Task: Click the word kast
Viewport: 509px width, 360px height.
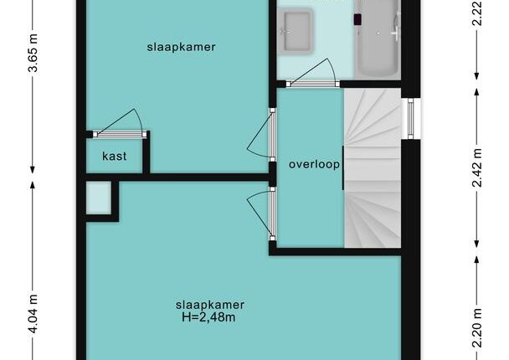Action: (114, 157)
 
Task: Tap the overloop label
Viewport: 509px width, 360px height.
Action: (314, 164)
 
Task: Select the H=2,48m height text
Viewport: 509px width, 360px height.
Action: (208, 316)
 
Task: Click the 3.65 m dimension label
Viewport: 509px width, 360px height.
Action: (33, 53)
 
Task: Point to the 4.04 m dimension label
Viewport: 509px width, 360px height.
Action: (33, 314)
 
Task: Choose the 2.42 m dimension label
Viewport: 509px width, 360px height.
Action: (477, 167)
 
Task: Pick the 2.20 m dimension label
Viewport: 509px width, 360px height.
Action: (477, 328)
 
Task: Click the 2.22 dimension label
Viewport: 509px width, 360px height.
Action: (477, 13)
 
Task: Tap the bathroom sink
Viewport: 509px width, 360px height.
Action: (296, 31)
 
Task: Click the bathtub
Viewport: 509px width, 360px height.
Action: (378, 39)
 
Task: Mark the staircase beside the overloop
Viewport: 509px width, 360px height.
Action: (373, 167)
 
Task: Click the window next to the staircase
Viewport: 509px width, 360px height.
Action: (411, 119)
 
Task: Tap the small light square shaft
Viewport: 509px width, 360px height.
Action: (99, 198)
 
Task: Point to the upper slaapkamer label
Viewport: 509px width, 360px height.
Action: (181, 47)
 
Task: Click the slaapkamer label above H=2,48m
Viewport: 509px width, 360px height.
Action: (209, 305)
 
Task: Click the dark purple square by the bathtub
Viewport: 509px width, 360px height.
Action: (357, 19)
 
